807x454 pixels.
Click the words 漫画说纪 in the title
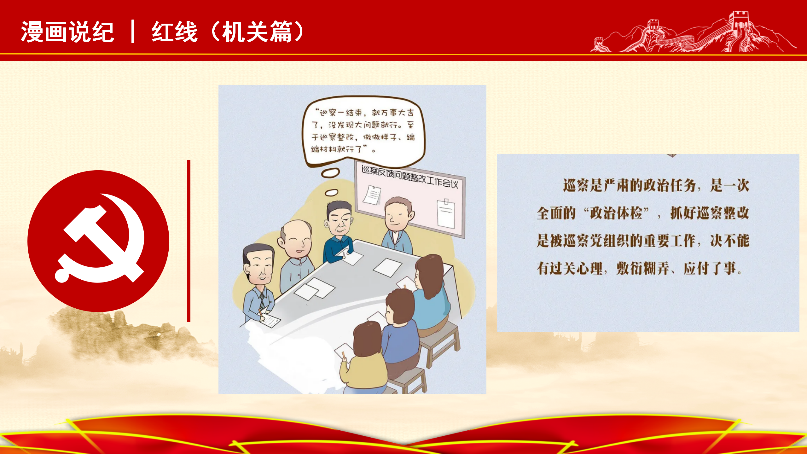tap(67, 32)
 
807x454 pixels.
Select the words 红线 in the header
tap(175, 32)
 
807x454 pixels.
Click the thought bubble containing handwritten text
tap(363, 131)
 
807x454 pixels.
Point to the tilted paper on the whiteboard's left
tap(372, 195)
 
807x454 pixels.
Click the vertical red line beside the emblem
tap(189, 241)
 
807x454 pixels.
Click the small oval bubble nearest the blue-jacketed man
tap(331, 192)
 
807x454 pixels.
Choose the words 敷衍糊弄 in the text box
tap(642, 269)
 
